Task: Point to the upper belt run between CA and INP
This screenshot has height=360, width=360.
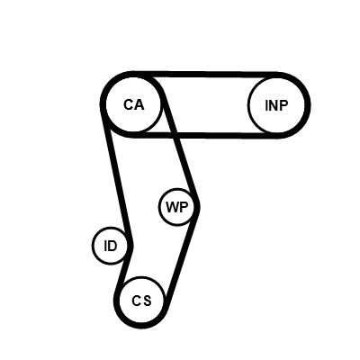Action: point(205,75)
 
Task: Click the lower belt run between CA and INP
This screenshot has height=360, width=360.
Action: point(205,135)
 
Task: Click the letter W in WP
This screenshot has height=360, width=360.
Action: point(173,207)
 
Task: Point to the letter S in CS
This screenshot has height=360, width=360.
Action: point(147,301)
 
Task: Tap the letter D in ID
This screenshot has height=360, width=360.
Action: point(112,246)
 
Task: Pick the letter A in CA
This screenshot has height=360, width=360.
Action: point(139,104)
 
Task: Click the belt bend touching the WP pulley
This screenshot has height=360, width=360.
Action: point(197,206)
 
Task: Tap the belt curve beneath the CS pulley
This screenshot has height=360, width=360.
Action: point(142,326)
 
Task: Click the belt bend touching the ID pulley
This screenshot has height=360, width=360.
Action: point(130,246)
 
